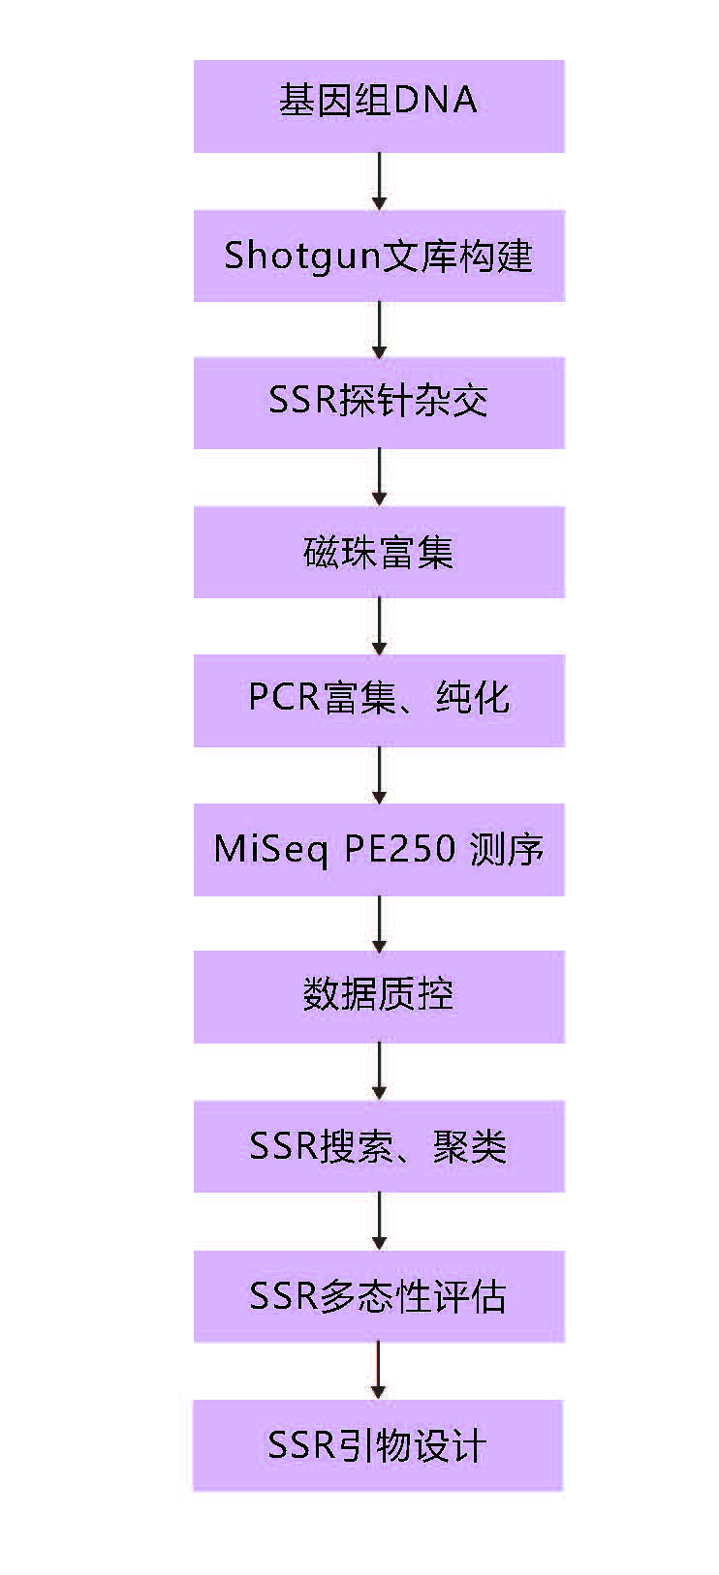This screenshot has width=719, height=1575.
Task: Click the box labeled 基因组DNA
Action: [x=379, y=106]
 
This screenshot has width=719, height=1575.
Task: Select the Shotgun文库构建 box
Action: [x=379, y=256]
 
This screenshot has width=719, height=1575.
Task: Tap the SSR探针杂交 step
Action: [x=379, y=403]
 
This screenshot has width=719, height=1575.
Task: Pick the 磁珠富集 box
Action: [x=379, y=552]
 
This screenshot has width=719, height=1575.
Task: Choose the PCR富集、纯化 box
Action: [x=379, y=700]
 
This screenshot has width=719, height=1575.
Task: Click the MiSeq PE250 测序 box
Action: [x=379, y=849]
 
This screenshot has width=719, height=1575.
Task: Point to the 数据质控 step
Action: [x=379, y=996]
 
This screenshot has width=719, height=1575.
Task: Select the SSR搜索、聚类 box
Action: [x=379, y=1146]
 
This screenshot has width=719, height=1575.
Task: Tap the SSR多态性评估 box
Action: [x=379, y=1296]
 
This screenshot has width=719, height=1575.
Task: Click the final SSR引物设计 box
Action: [x=379, y=1445]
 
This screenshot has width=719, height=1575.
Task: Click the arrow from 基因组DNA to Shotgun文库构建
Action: [x=379, y=181]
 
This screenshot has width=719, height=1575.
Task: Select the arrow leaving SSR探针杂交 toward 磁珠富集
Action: [x=379, y=477]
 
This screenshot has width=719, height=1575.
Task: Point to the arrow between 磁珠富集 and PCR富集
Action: [x=379, y=626]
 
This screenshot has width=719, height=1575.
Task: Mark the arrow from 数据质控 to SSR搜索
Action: [x=379, y=1072]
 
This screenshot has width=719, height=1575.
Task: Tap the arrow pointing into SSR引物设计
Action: [x=379, y=1371]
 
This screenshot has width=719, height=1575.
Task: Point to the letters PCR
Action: [x=284, y=697]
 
